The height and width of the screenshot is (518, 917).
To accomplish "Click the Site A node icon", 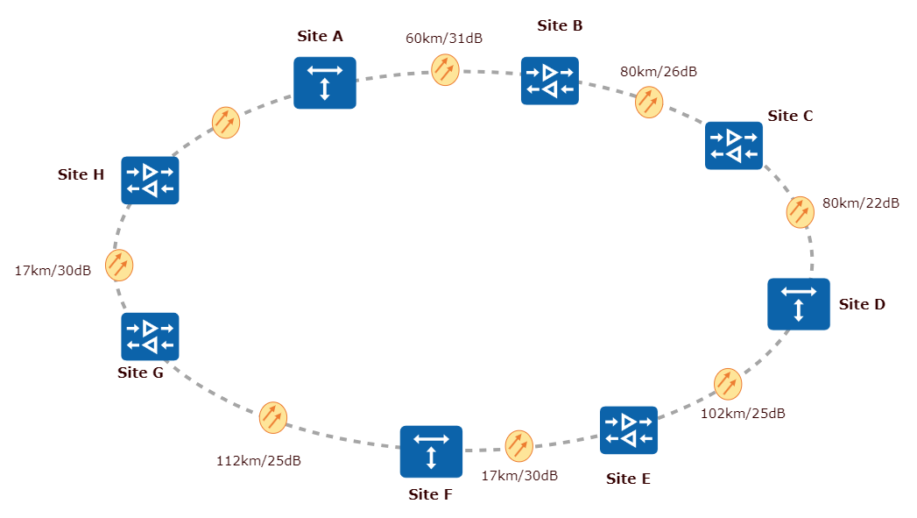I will [325, 82].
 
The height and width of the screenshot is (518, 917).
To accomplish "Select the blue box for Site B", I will [549, 81].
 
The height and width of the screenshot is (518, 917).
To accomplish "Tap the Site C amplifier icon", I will [734, 145].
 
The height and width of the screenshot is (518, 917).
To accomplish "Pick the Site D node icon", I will [799, 304].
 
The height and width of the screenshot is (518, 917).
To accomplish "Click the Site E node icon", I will [629, 429].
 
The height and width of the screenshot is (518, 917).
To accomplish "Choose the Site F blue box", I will [431, 451].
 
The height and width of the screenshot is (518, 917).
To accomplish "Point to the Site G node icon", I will [150, 337].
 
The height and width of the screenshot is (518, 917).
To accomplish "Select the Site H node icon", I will [150, 180].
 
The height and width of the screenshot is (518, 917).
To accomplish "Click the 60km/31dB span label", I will [444, 39].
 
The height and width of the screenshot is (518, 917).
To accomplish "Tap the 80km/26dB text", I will [659, 72].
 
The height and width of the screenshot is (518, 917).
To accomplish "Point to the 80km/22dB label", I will [861, 203].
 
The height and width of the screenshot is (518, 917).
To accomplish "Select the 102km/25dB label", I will [744, 413].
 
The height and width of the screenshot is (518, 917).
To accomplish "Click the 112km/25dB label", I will [258, 460].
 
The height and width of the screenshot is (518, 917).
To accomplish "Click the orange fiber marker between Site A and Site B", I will [445, 69].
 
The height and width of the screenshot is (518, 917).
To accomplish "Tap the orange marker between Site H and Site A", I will [226, 123].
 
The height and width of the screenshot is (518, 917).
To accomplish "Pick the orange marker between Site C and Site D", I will [800, 212].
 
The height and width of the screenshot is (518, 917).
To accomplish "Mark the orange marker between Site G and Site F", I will [273, 417].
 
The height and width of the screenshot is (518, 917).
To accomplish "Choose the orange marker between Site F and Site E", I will [518, 445].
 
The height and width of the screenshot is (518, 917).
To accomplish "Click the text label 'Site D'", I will [863, 304].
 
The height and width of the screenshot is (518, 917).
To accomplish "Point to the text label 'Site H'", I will [81, 174].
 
